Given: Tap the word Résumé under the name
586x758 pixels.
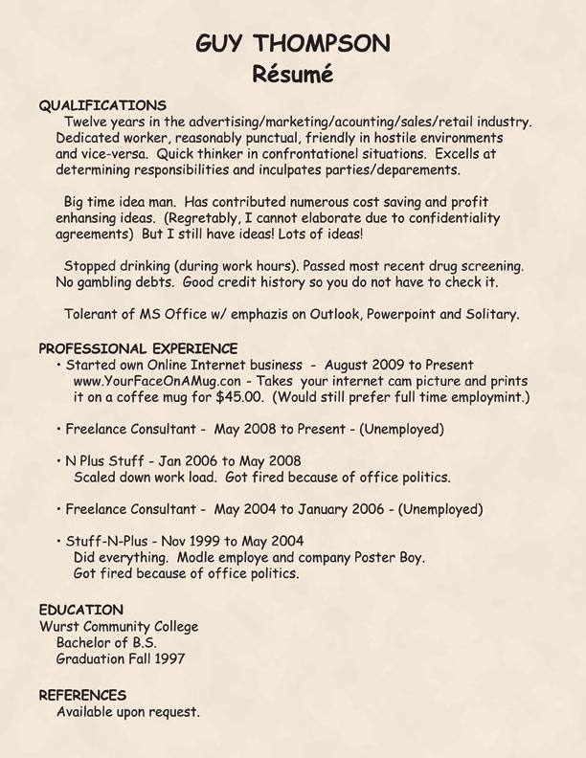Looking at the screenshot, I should tap(293, 73).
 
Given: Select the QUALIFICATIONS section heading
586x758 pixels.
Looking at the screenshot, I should tap(102, 105).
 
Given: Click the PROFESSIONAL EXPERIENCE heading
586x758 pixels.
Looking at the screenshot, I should tap(138, 347).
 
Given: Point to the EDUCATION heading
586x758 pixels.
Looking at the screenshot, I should tap(80, 610).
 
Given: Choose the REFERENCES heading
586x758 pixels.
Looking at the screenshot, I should tap(82, 695).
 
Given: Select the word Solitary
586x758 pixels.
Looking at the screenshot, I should tap(490, 314).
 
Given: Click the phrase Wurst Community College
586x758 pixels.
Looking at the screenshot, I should tap(119, 627).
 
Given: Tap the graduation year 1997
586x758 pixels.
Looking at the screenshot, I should tap(167, 659).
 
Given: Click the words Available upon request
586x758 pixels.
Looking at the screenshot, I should tap(128, 712).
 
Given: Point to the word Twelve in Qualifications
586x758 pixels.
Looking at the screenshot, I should tap(85, 122).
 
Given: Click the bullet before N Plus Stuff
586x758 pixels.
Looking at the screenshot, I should tap(59, 461).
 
